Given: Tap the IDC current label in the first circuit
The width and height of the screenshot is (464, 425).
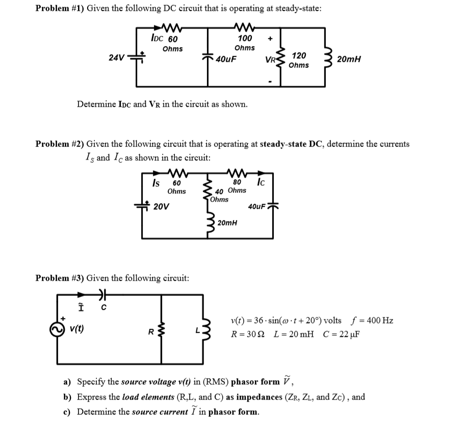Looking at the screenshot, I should (158, 38).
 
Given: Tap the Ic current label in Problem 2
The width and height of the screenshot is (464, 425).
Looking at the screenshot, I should (261, 181).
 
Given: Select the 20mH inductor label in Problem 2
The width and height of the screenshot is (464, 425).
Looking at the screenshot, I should (227, 223).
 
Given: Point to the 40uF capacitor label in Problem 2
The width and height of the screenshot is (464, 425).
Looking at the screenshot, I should (257, 207).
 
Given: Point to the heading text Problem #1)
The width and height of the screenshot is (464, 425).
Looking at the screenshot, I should (59, 10).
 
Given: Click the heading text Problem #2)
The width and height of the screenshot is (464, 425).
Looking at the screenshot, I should (59, 144).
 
